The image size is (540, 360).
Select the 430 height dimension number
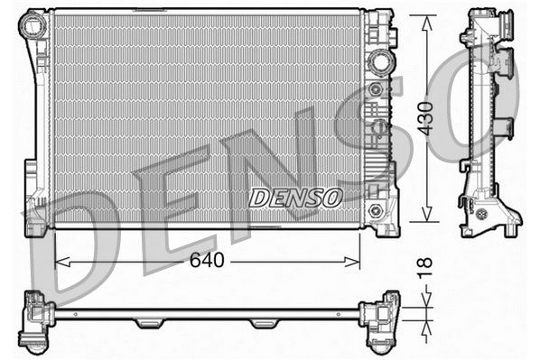(x=425, y=118)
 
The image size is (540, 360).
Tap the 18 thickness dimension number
(x=425, y=267)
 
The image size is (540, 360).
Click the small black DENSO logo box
(x=294, y=196)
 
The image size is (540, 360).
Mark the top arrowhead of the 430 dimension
(x=425, y=19)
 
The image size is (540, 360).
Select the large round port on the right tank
(x=378, y=62)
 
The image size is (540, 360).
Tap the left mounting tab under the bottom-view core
(x=149, y=323)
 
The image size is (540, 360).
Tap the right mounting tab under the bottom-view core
(x=264, y=323)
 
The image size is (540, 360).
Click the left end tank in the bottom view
(x=36, y=320)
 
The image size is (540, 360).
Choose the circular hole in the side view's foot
(x=480, y=214)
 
